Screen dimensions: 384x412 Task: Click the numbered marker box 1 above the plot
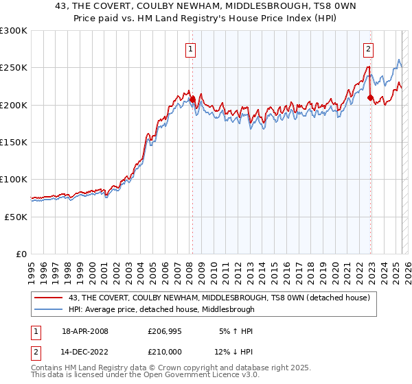[189, 49]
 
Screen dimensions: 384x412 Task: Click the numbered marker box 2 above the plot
[369, 49]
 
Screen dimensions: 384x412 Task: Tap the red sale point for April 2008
[192, 99]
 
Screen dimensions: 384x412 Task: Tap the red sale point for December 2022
[370, 97]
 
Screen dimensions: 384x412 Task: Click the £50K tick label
[16, 216]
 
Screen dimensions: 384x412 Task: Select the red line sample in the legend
[49, 298]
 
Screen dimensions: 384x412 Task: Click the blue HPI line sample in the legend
[49, 309]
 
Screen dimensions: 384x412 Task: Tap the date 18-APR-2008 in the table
[85, 331]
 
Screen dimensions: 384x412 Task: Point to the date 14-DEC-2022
[85, 352]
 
